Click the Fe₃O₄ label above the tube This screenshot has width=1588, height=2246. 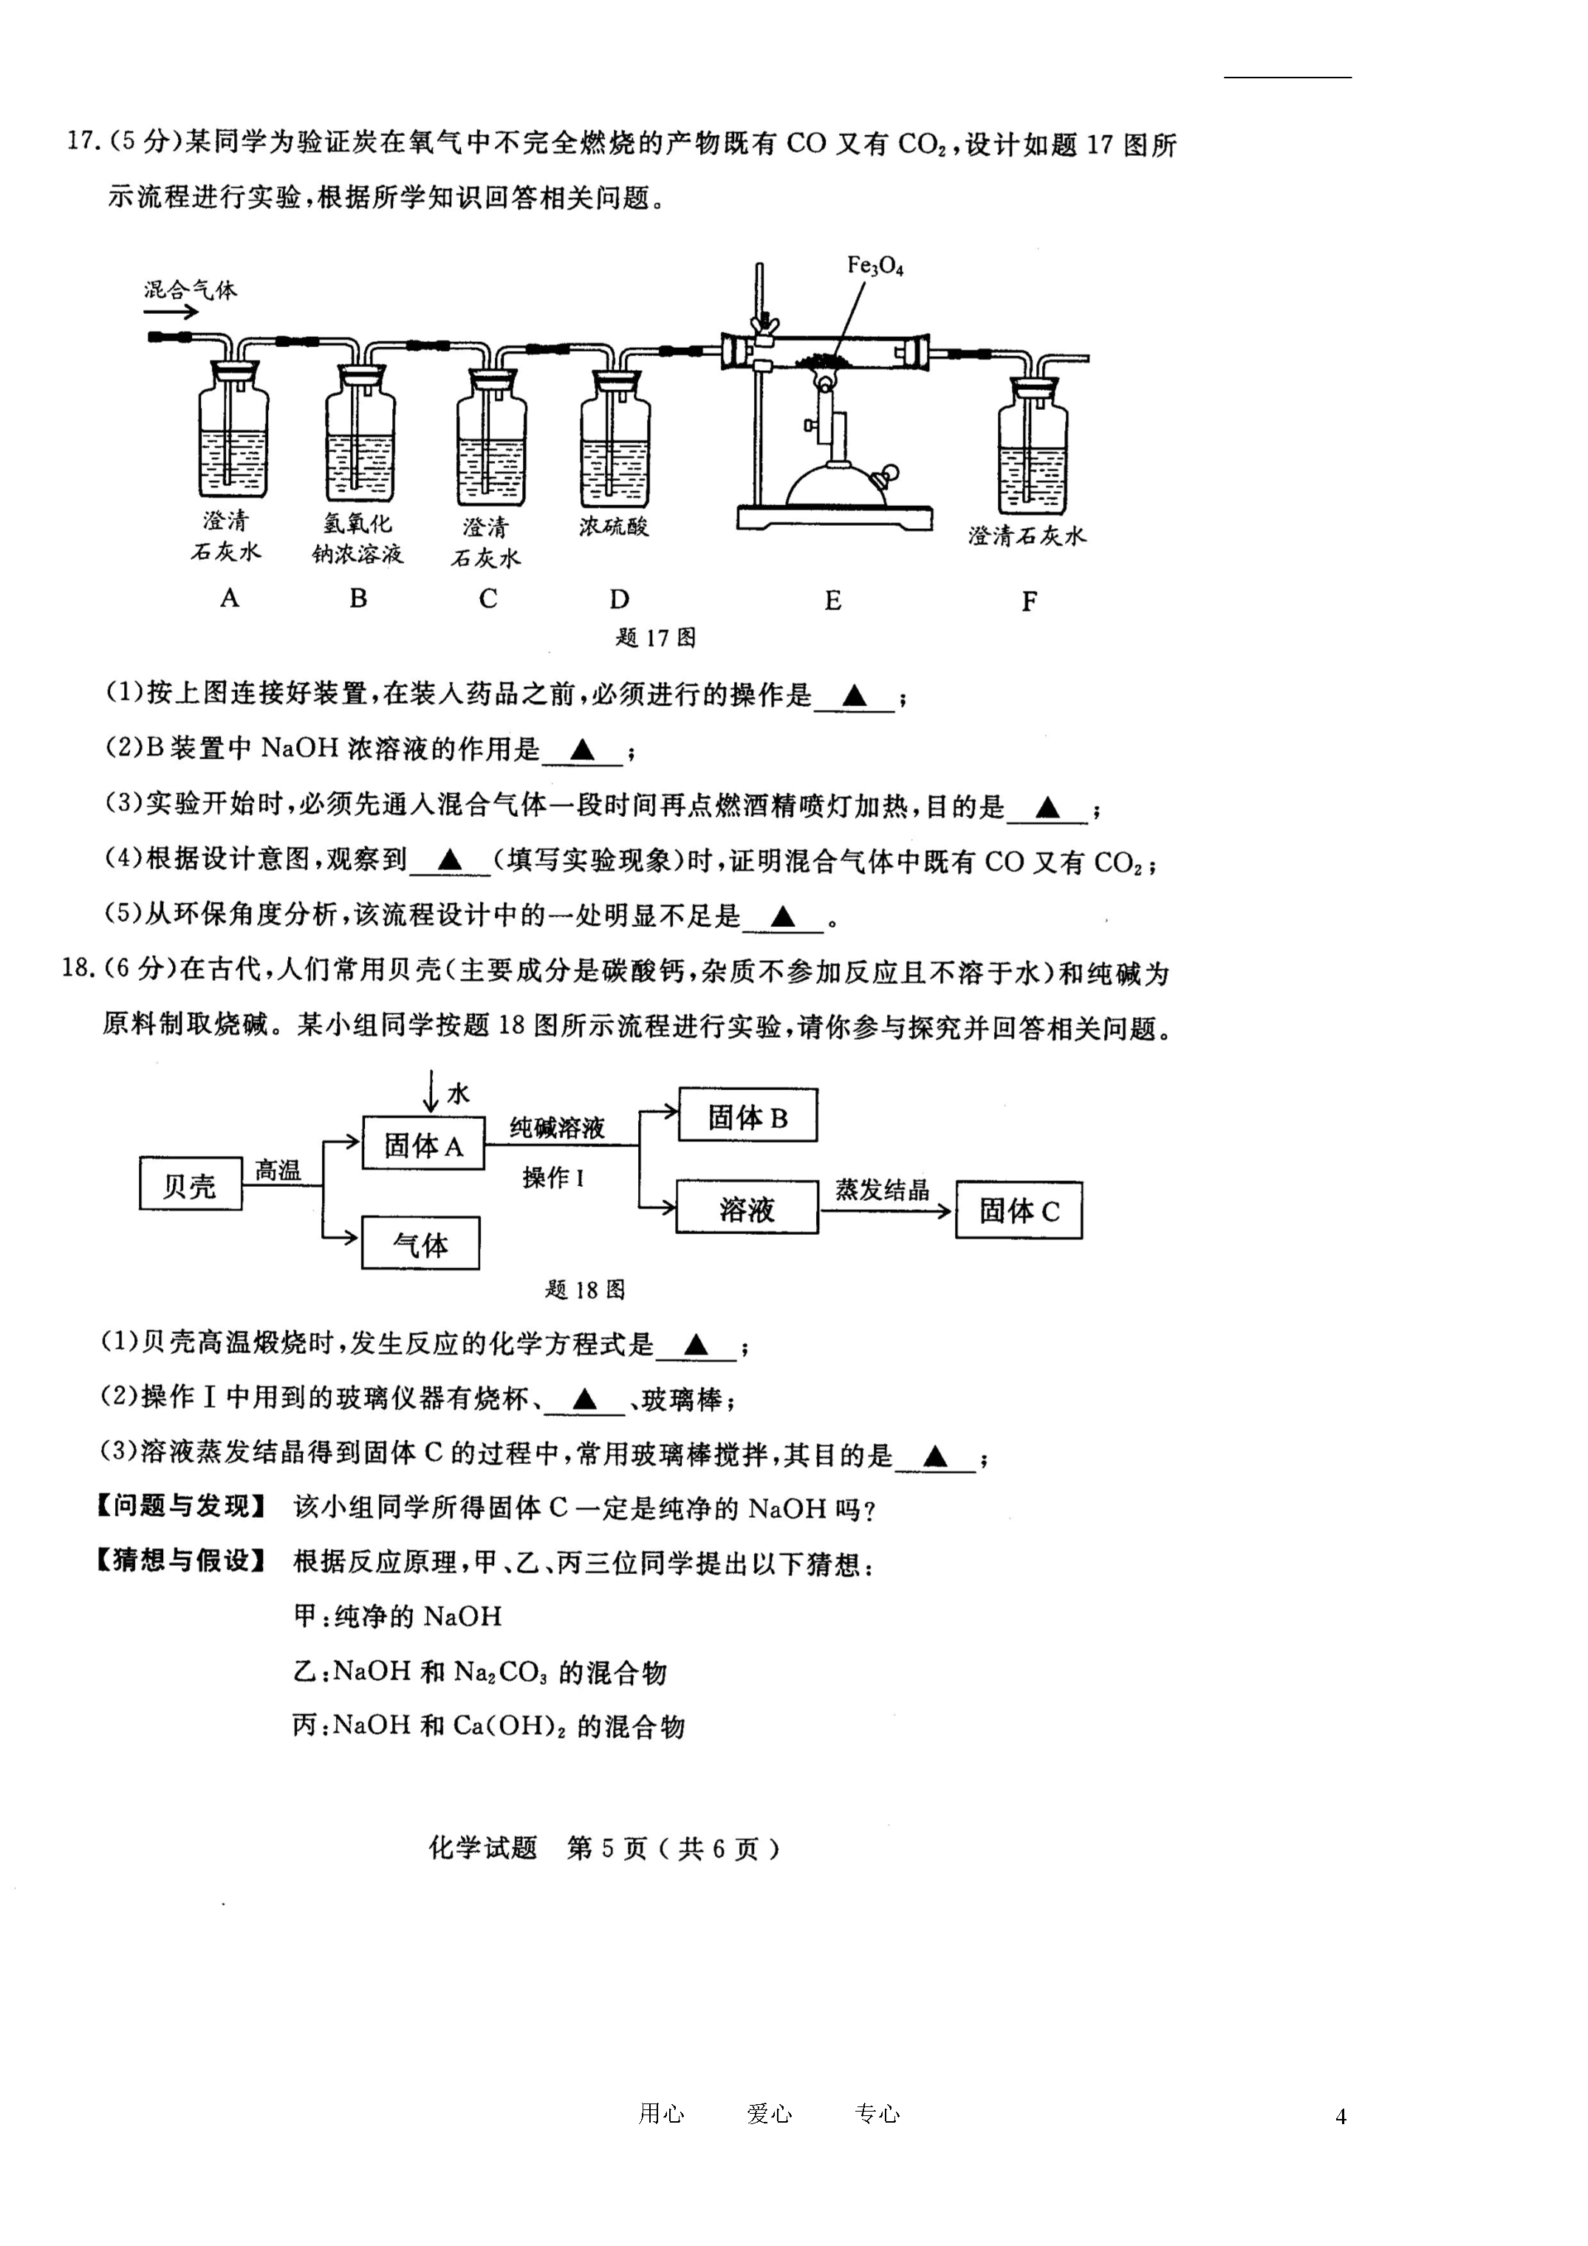coord(876,265)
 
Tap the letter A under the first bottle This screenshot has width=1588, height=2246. coord(229,598)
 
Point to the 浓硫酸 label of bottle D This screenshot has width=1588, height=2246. coord(614,527)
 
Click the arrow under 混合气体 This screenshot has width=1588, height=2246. coord(171,313)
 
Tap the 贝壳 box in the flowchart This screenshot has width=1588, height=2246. coord(191,1184)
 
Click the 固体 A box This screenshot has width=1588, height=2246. coord(422,1143)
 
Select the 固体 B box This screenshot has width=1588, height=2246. coord(747,1115)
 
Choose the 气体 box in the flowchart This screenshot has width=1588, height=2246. coord(421,1243)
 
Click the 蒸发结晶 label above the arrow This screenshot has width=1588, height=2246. coord(883,1190)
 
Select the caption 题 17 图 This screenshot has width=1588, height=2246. coord(656,638)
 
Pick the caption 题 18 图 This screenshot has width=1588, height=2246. coord(585,1290)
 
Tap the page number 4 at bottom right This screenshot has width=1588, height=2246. coord(1341,2117)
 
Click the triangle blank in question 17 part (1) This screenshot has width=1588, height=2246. coord(854,696)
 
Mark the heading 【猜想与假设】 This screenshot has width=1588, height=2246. coord(182,1561)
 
